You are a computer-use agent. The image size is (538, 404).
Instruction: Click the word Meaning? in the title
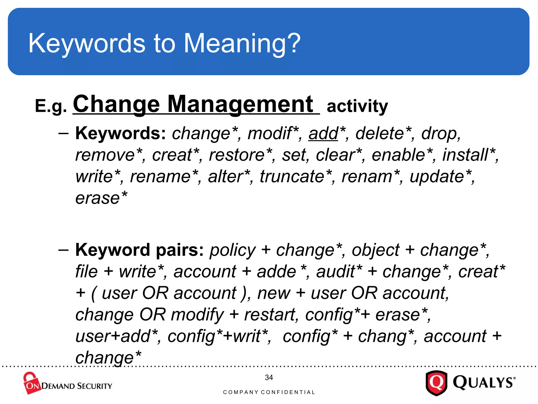242,43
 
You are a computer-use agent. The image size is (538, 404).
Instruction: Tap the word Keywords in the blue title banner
87,43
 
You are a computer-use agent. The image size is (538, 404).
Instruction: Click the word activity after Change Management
357,107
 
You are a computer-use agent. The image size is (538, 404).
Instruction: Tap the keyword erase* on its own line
101,198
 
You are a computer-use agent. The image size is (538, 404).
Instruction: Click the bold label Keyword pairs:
139,250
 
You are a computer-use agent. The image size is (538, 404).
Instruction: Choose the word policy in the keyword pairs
232,250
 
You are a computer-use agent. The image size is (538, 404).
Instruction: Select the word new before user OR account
274,293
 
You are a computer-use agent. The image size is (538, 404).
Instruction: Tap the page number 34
269,378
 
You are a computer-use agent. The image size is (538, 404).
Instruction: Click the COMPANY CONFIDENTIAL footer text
269,392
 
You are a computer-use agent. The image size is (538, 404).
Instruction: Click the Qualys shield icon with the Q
436,383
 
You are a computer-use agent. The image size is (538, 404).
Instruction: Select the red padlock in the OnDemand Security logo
31,383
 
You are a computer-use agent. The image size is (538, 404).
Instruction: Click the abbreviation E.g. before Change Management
51,106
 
